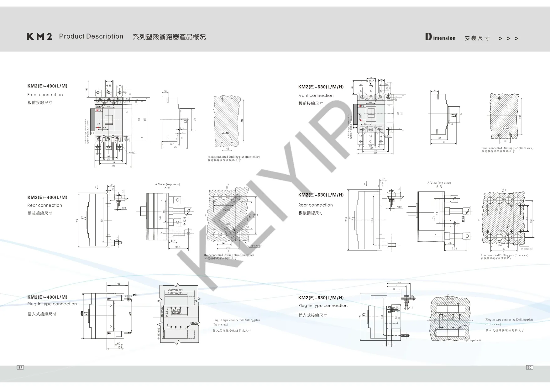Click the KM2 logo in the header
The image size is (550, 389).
tap(39, 37)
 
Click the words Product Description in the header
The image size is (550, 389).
tap(91, 36)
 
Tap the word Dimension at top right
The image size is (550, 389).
tap(440, 38)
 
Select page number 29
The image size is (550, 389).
tap(20, 367)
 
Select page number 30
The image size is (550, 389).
tap(529, 367)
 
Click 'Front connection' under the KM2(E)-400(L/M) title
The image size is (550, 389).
tap(45, 95)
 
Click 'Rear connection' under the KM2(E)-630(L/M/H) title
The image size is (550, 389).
tap(315, 205)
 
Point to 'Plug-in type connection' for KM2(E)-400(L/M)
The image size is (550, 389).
tap(52, 304)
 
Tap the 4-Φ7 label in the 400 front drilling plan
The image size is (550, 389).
tap(226, 133)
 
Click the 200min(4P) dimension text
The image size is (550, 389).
tap(175, 290)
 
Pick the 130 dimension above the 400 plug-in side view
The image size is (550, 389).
tap(118, 284)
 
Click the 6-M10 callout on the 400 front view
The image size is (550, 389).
tap(132, 153)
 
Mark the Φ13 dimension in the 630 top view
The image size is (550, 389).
tap(463, 219)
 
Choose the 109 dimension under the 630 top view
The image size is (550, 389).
tap(454, 248)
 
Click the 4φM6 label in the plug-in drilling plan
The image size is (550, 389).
tap(193, 323)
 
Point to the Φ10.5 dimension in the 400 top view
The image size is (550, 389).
tap(185, 221)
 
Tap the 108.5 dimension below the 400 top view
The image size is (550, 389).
tap(177, 247)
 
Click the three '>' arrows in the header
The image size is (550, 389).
tap(508, 38)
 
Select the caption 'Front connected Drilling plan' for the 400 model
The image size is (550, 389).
tap(233, 157)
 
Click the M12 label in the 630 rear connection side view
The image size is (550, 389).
tap(399, 207)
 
